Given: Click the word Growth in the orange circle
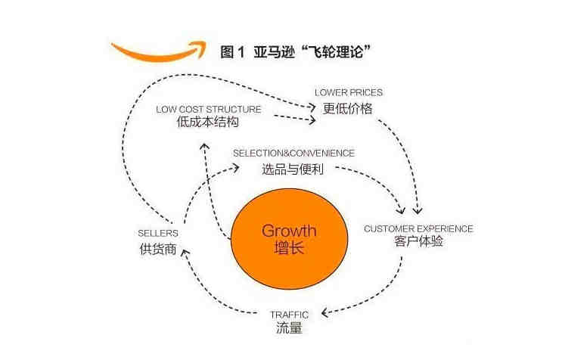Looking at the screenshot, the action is coord(289,231).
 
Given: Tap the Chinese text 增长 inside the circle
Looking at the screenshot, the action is coord(289,248).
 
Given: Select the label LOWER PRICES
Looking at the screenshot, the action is coord(349,92).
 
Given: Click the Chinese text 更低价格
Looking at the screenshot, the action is coord(348,108).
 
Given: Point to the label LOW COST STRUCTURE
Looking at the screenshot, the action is coord(209,109).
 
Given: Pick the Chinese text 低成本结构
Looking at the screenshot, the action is coord(208,122).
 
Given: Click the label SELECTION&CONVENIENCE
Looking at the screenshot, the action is coord(293,153).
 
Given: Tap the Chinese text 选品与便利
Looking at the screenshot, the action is coord(293,169).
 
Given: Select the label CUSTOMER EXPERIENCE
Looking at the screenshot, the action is coord(418,228).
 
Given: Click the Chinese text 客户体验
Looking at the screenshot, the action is coord(418,241).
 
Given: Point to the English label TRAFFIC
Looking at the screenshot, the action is coord(290,315).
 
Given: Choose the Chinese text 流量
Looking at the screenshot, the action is coord(289,328).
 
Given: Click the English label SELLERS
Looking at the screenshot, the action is coord(158,233).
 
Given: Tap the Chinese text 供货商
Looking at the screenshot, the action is coord(158,250).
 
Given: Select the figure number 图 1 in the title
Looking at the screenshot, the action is coord(232,51).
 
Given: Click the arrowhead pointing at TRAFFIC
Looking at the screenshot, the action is coord(325,312).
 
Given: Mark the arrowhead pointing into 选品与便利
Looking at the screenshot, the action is coord(235,168).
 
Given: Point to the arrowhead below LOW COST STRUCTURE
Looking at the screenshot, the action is coord(204,146).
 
